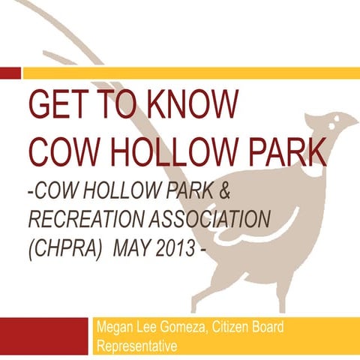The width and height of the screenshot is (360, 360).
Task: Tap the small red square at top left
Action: click(x=10, y=72)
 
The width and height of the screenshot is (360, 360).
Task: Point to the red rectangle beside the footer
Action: click(x=45, y=337)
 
